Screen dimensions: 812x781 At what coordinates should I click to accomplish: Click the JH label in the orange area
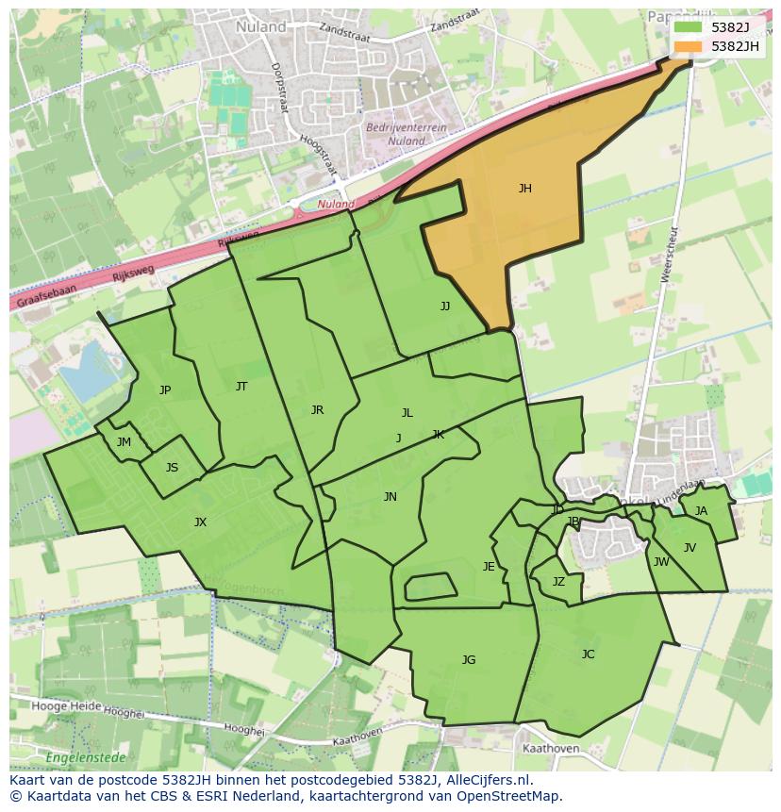(x=524, y=189)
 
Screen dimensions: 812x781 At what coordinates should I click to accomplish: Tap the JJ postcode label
(x=444, y=307)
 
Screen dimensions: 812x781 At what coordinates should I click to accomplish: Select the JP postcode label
(x=165, y=390)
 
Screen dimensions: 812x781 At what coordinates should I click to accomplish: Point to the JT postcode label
(x=241, y=387)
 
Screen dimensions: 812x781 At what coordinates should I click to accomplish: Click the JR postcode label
(x=317, y=410)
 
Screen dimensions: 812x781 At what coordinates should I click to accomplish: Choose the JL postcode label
(x=407, y=413)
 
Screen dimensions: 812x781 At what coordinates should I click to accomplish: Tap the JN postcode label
(x=390, y=497)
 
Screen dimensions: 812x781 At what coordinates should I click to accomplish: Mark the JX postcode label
(x=200, y=522)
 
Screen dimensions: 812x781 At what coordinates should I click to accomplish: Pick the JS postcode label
(x=172, y=468)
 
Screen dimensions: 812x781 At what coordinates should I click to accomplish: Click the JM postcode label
(x=124, y=442)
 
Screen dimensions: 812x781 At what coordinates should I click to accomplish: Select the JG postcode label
(x=469, y=660)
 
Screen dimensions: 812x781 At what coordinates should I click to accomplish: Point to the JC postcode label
(x=588, y=655)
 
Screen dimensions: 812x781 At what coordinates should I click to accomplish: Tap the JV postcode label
(x=690, y=548)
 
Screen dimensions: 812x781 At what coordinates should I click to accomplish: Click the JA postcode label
(x=701, y=511)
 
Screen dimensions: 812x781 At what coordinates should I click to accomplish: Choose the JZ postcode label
(x=558, y=582)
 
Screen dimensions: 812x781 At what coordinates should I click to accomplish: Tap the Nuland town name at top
(x=262, y=27)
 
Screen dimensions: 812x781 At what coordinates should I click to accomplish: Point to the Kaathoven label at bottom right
(x=550, y=749)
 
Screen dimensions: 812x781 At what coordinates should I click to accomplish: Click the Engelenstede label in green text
(x=82, y=756)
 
